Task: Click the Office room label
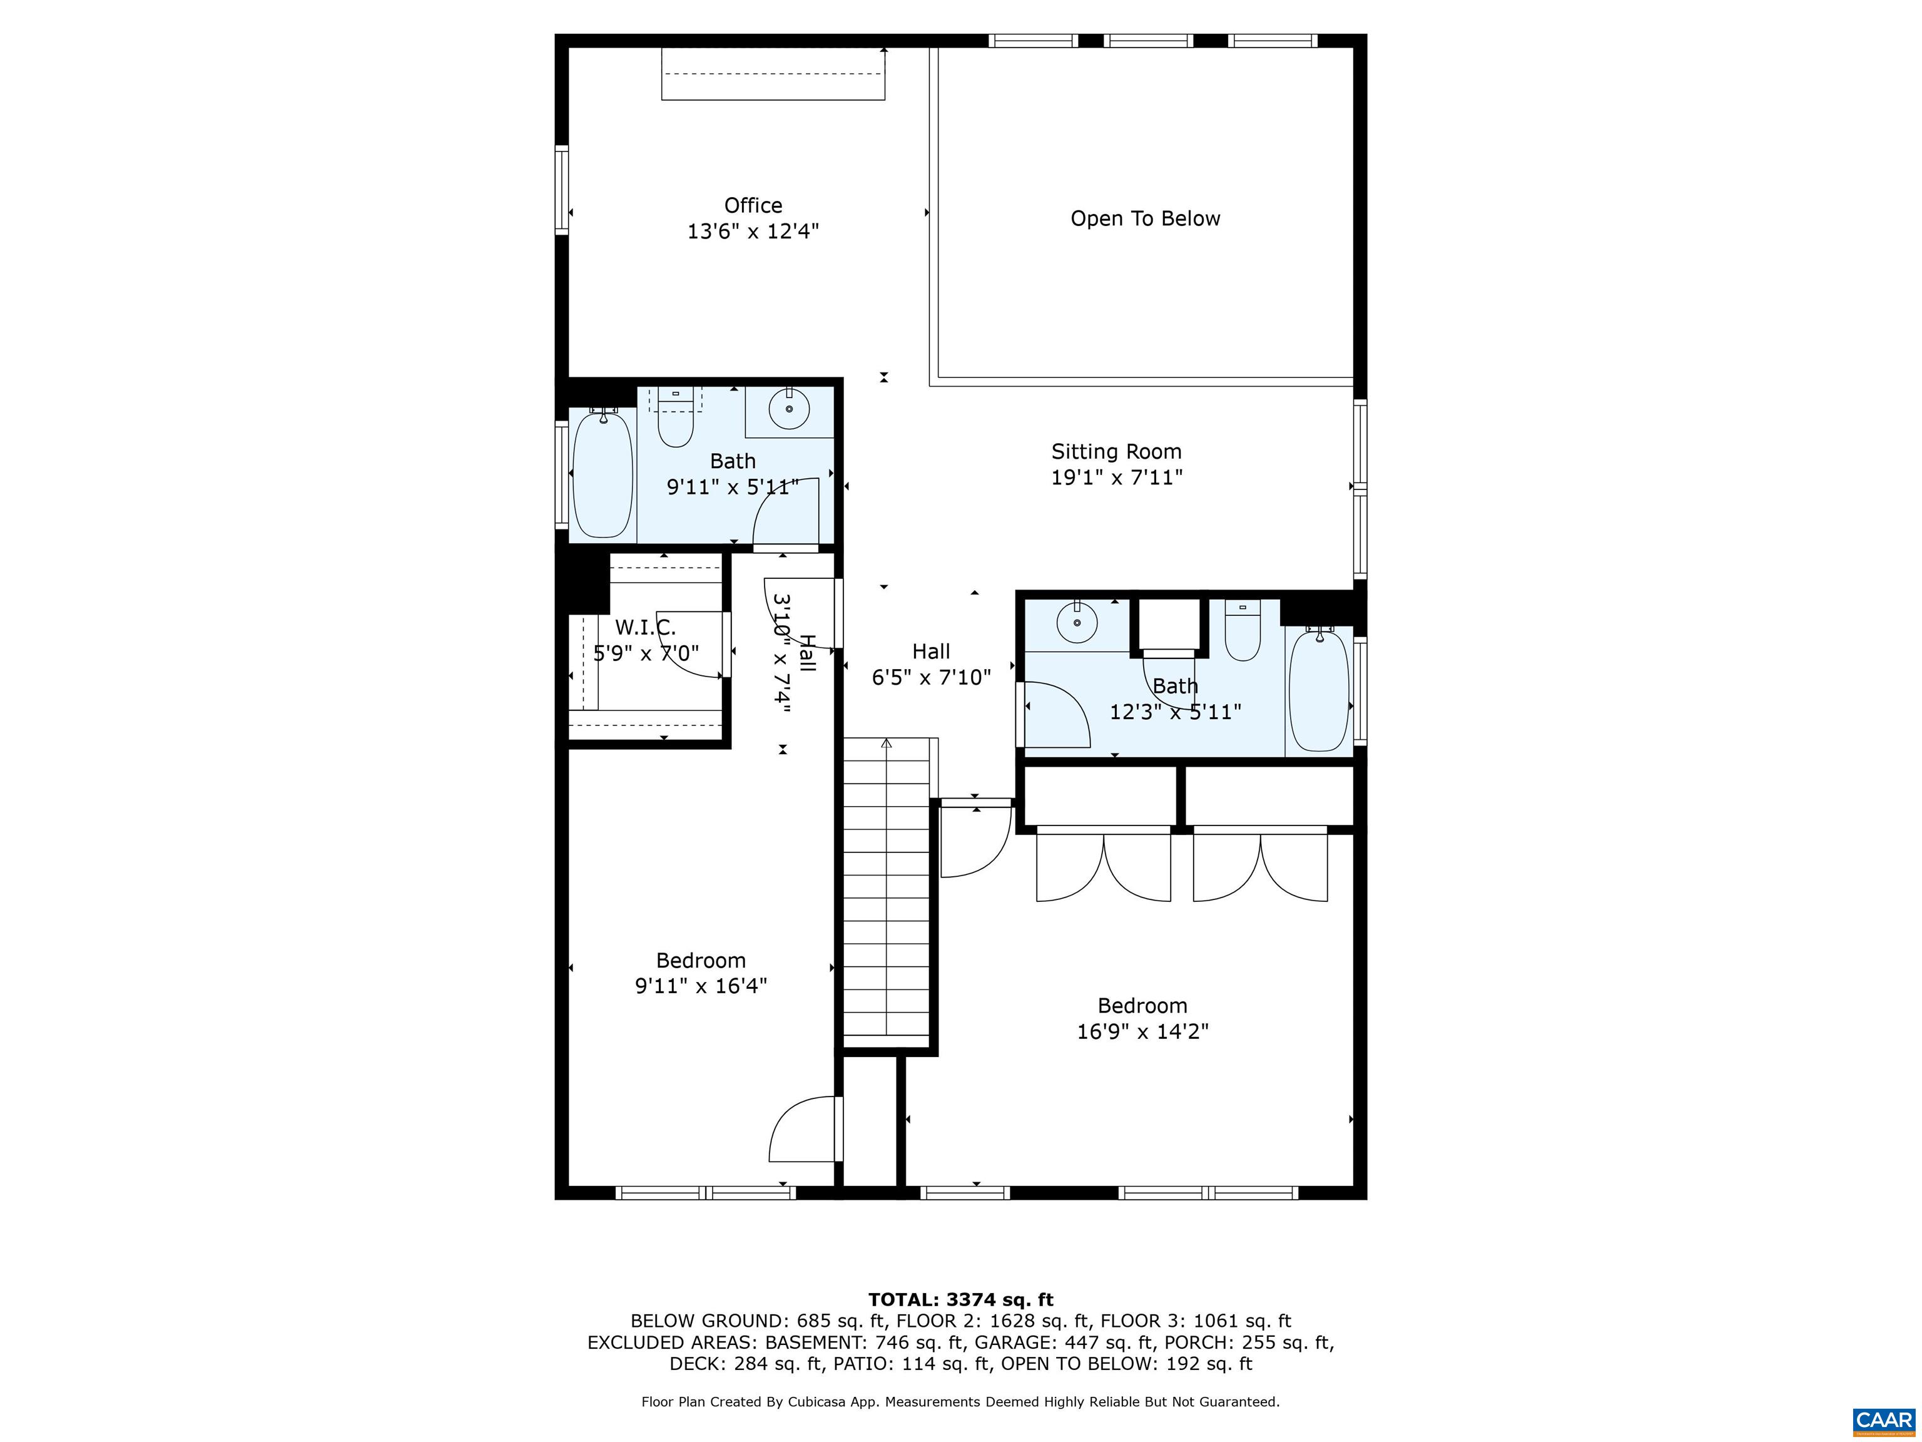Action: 753,206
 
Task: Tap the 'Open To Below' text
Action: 1144,219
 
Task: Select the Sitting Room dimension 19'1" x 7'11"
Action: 1117,477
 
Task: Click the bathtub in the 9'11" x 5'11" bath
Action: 602,474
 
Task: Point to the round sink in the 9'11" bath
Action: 789,409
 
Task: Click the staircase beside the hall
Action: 887,895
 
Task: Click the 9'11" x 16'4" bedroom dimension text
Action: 700,986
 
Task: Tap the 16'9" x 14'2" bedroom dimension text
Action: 1142,1031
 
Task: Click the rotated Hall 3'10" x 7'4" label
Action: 793,653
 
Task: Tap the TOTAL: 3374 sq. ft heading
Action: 960,1299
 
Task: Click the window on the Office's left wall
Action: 561,190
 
